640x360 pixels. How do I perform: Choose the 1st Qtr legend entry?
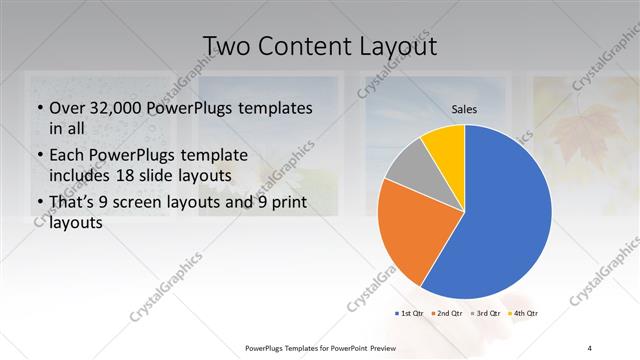tap(409, 314)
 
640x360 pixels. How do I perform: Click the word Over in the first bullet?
tap(68, 108)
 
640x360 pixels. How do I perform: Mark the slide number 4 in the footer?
tap(590, 347)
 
